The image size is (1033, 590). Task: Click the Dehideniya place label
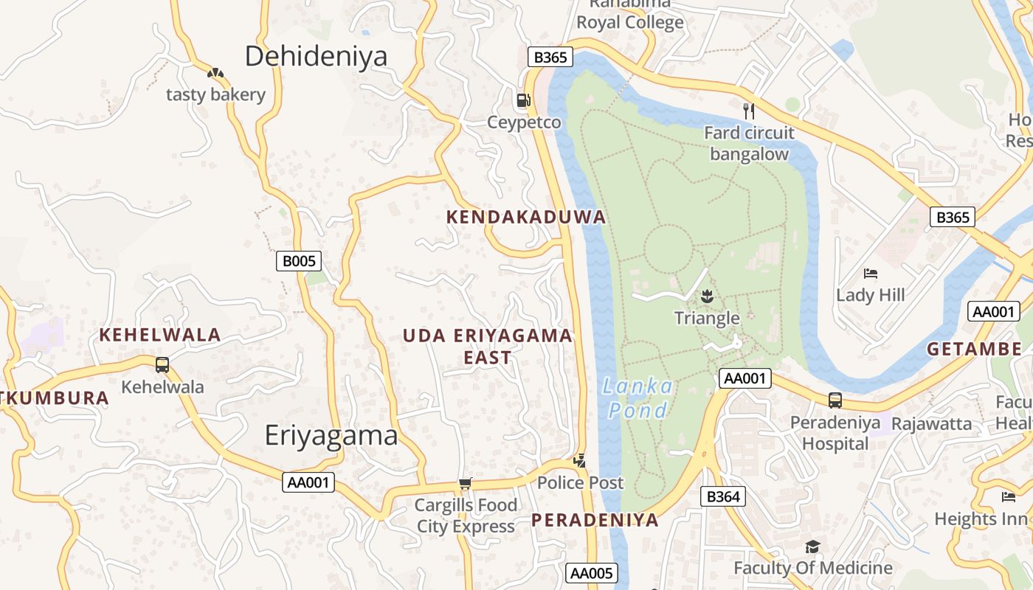[316, 56]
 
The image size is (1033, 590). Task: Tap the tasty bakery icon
[215, 73]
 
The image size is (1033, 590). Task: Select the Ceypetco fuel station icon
[523, 100]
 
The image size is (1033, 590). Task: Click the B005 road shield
[299, 260]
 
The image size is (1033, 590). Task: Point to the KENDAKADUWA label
[526, 217]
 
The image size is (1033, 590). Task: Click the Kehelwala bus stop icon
[162, 364]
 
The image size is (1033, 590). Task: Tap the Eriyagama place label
[331, 435]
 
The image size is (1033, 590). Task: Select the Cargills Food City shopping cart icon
[465, 484]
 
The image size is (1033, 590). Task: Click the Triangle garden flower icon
[707, 296]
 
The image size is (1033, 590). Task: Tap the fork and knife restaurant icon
[749, 111]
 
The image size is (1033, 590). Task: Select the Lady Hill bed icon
[871, 274]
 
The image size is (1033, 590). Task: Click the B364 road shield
[722, 496]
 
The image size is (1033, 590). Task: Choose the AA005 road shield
[592, 573]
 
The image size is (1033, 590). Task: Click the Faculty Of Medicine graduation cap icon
[812, 546]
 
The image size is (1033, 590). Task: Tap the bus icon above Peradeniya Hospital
[835, 400]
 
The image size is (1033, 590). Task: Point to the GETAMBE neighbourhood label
[974, 349]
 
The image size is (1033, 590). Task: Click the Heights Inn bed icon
[1009, 496]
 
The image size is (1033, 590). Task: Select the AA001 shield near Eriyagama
[308, 482]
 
